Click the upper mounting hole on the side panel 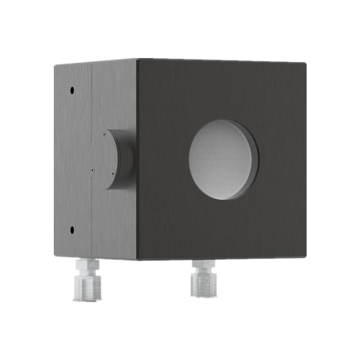[72, 90]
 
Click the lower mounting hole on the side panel [72, 230]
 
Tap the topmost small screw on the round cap [104, 135]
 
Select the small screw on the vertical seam [92, 169]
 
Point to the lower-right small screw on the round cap [112, 174]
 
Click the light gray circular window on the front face [220, 159]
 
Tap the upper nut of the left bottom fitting [87, 265]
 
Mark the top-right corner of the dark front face [306, 63]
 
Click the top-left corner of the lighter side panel [55, 65]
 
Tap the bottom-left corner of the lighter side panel [55, 255]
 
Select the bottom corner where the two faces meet [137, 260]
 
